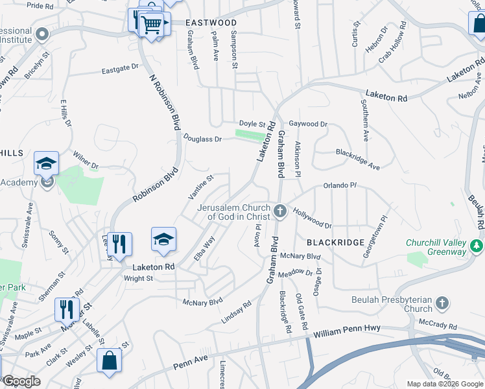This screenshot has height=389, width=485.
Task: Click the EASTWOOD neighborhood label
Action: (211, 23)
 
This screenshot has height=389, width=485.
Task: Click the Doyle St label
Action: (252, 123)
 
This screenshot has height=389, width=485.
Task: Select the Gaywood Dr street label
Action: (308, 123)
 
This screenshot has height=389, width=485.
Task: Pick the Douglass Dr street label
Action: (202, 139)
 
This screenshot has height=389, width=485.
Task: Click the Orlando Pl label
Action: (340, 185)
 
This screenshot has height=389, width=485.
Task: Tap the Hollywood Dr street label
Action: (312, 217)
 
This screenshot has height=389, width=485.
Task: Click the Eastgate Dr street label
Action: (120, 67)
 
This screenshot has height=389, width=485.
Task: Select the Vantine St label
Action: (200, 187)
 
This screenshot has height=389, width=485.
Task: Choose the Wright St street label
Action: (138, 279)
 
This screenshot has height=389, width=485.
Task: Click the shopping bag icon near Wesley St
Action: (109, 360)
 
